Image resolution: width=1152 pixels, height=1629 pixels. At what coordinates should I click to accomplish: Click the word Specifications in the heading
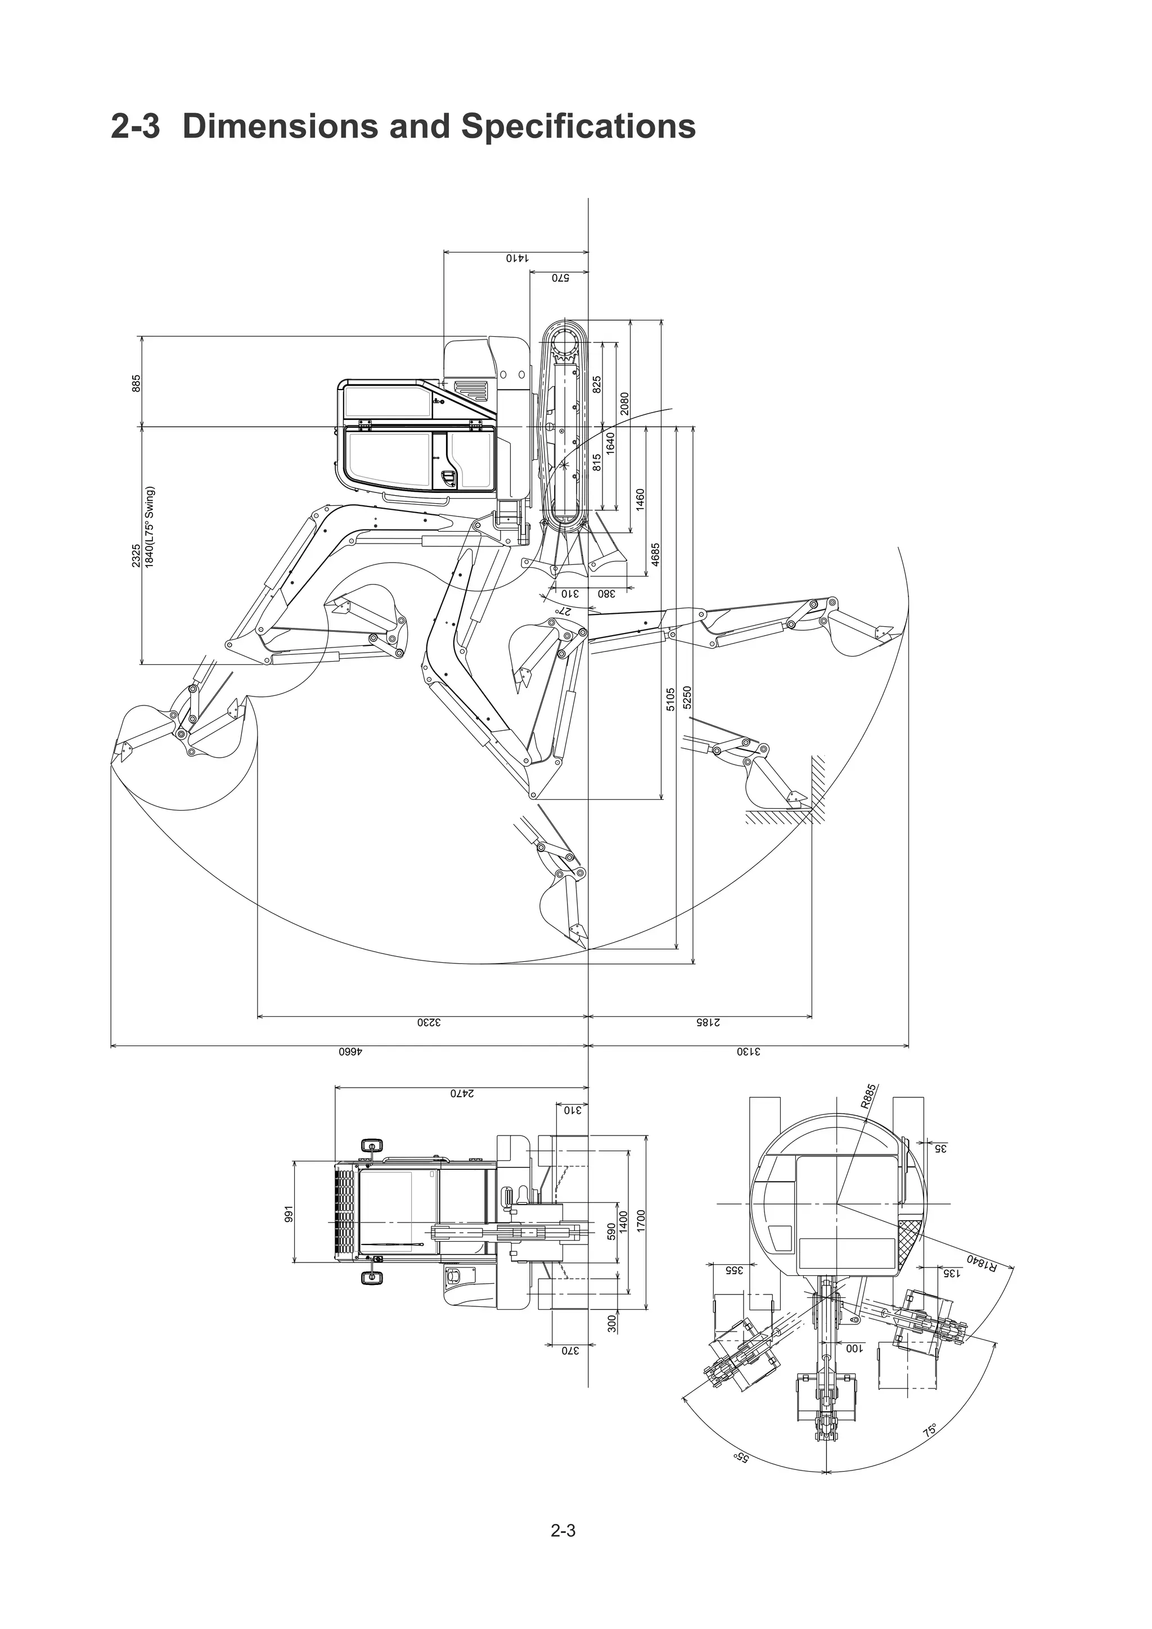(x=578, y=126)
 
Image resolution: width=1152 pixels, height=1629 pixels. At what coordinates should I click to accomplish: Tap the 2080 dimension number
(x=624, y=403)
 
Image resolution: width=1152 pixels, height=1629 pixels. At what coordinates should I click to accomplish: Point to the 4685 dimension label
(x=656, y=554)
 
